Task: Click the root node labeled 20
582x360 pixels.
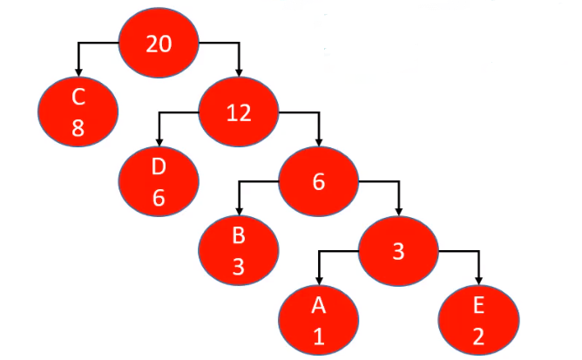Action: (159, 44)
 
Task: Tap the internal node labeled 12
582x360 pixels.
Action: (239, 112)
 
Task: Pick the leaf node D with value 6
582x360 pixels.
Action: (159, 181)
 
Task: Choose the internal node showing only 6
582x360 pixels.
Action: (318, 182)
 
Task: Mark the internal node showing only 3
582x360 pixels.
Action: (398, 250)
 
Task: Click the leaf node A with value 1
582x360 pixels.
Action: (319, 319)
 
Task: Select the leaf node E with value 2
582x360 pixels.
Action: (478, 319)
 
